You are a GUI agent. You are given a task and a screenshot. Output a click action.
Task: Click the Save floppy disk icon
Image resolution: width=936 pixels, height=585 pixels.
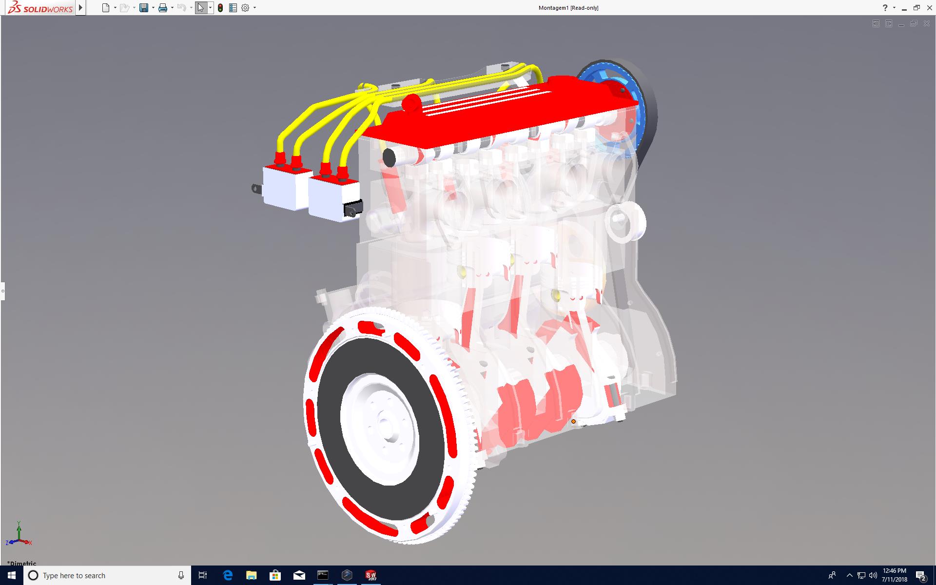tap(143, 8)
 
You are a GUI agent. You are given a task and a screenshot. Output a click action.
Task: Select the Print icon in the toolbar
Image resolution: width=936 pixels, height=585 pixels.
tap(162, 8)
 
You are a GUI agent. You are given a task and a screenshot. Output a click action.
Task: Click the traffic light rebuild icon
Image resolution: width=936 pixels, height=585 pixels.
tap(220, 8)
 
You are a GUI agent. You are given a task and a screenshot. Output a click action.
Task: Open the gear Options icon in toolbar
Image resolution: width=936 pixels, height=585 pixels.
tap(245, 8)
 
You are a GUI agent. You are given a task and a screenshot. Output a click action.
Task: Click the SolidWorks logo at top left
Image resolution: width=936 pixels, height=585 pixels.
tap(40, 8)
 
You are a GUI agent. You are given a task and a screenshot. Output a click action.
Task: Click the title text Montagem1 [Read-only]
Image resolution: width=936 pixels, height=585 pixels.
tap(568, 8)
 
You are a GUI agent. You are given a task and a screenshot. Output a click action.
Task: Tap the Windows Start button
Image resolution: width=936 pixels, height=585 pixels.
tap(12, 575)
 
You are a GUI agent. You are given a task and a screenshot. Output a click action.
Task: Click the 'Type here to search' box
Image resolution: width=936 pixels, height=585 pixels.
tap(107, 575)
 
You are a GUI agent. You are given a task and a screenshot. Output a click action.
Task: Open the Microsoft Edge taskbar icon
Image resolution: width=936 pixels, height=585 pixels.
tap(228, 575)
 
